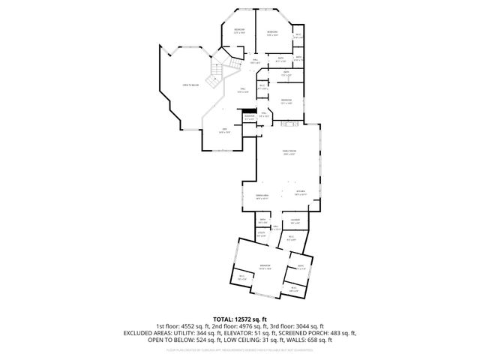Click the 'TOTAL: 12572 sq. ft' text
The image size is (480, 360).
pos(240,319)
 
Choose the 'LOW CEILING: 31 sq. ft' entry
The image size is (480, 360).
pos(264,340)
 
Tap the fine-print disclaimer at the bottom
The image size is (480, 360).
pos(240,349)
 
